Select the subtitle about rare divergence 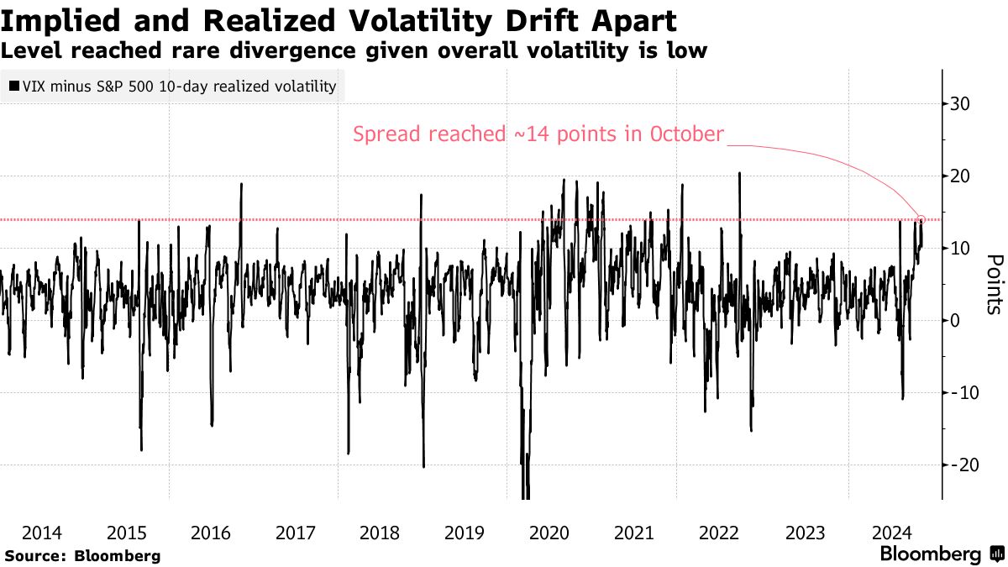(353, 51)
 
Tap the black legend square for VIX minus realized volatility (14, 86)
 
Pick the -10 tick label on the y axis (961, 392)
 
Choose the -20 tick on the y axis (961, 465)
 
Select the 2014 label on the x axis (41, 532)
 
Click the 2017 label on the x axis (295, 532)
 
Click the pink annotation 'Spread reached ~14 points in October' (538, 134)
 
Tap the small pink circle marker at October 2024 (921, 219)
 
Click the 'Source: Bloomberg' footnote (82, 556)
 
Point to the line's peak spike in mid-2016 (241, 184)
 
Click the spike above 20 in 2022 (739, 173)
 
